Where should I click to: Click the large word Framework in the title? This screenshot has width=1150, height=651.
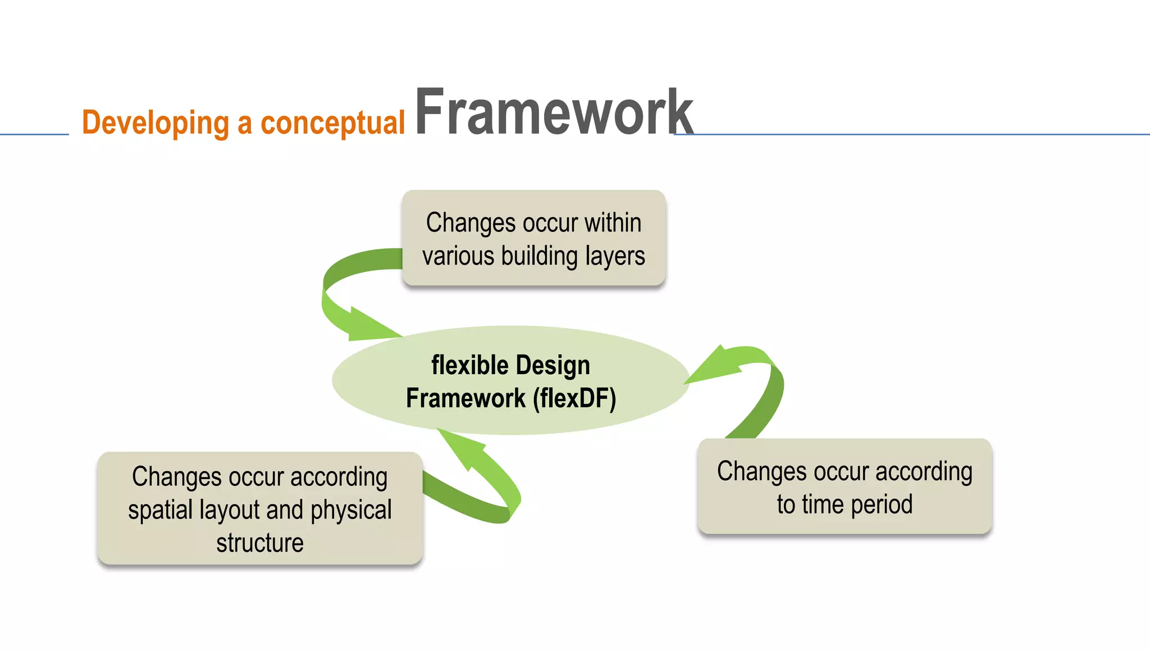click(554, 112)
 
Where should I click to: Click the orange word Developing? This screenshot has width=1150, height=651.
click(156, 123)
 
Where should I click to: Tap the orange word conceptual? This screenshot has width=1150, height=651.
click(332, 123)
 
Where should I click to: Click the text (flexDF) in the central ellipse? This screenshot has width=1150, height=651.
click(574, 399)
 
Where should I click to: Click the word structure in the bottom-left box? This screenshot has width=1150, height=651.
click(260, 543)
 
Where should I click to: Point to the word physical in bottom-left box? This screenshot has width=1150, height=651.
click(351, 511)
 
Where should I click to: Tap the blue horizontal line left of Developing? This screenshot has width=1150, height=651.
click(34, 134)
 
